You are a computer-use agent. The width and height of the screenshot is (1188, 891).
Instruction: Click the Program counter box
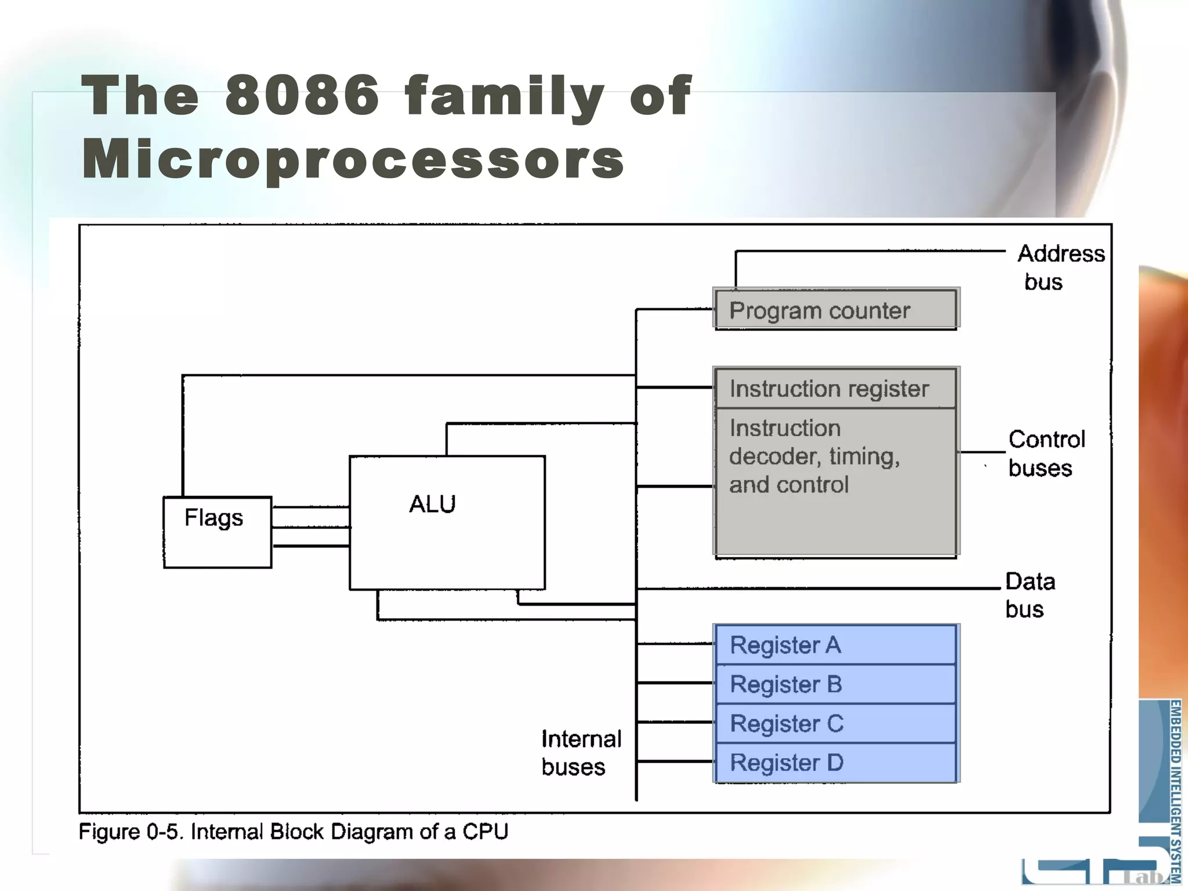(835, 309)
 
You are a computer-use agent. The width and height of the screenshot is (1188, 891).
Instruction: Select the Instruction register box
(835, 388)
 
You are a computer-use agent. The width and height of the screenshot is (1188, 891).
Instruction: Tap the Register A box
(835, 644)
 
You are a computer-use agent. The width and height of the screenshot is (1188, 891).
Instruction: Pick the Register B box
(835, 684)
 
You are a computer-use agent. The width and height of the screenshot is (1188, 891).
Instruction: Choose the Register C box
(835, 723)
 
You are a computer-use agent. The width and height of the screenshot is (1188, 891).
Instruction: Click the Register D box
(835, 762)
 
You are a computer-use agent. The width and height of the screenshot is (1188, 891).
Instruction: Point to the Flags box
(217, 532)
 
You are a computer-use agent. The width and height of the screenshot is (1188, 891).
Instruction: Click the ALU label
(432, 504)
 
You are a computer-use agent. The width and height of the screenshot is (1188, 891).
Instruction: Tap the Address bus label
(1060, 267)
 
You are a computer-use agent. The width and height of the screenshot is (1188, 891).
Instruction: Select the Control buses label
(1046, 454)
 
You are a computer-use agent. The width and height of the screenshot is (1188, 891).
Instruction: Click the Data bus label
(1029, 595)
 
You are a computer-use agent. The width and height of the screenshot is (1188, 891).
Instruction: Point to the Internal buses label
(581, 752)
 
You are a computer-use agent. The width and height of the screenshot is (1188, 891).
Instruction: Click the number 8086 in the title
(302, 96)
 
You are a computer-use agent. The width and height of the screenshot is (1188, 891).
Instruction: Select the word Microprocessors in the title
(353, 160)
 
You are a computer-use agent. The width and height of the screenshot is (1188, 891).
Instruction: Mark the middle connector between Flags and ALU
(310, 527)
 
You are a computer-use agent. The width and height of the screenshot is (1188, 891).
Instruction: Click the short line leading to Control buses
(981, 451)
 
